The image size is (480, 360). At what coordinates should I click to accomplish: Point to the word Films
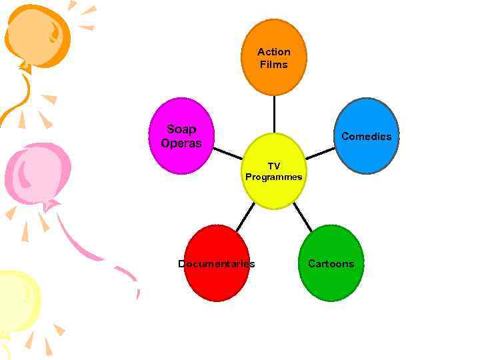(274, 65)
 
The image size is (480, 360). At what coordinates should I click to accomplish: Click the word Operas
(181, 143)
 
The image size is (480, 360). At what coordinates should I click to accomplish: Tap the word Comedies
(366, 137)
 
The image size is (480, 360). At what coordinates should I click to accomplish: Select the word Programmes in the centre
(273, 177)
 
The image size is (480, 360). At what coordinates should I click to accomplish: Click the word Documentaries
(216, 264)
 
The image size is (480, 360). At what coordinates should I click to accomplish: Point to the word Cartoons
(331, 264)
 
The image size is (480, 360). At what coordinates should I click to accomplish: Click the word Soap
(181, 129)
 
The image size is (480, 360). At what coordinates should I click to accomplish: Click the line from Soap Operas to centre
(228, 153)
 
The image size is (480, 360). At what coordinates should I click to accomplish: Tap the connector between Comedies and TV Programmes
(321, 153)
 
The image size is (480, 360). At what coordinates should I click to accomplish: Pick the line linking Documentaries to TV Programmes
(245, 216)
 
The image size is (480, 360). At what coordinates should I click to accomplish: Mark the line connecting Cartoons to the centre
(302, 216)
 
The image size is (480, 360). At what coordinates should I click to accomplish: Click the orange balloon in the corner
(37, 33)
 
